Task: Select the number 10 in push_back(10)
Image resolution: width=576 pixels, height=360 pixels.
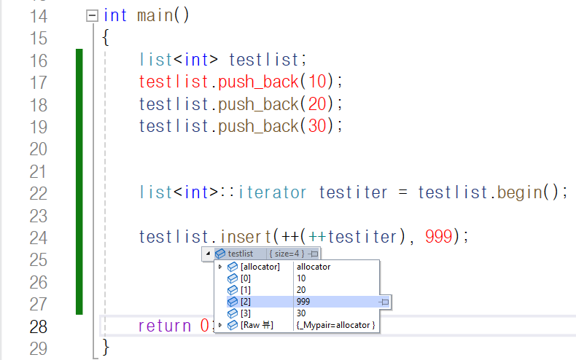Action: tap(316, 82)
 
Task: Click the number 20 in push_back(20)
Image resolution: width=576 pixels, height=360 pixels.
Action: tap(316, 103)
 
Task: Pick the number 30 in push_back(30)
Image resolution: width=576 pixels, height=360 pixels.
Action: tap(316, 126)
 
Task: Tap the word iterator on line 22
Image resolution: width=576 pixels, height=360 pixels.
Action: tap(273, 193)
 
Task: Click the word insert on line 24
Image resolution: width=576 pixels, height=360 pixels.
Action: tap(244, 237)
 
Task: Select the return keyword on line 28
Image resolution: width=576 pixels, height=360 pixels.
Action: tap(164, 326)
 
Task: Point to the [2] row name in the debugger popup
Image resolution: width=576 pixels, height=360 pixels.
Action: tap(246, 302)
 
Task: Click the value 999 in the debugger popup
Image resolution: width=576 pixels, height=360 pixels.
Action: tap(305, 302)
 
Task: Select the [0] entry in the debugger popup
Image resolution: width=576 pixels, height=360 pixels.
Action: tap(246, 278)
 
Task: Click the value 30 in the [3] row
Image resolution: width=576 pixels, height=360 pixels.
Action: tap(302, 313)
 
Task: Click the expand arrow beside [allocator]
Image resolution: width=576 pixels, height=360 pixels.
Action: tap(220, 267)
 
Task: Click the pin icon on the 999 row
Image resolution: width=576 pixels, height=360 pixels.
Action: tap(385, 302)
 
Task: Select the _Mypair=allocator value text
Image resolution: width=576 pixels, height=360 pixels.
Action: tap(336, 325)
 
